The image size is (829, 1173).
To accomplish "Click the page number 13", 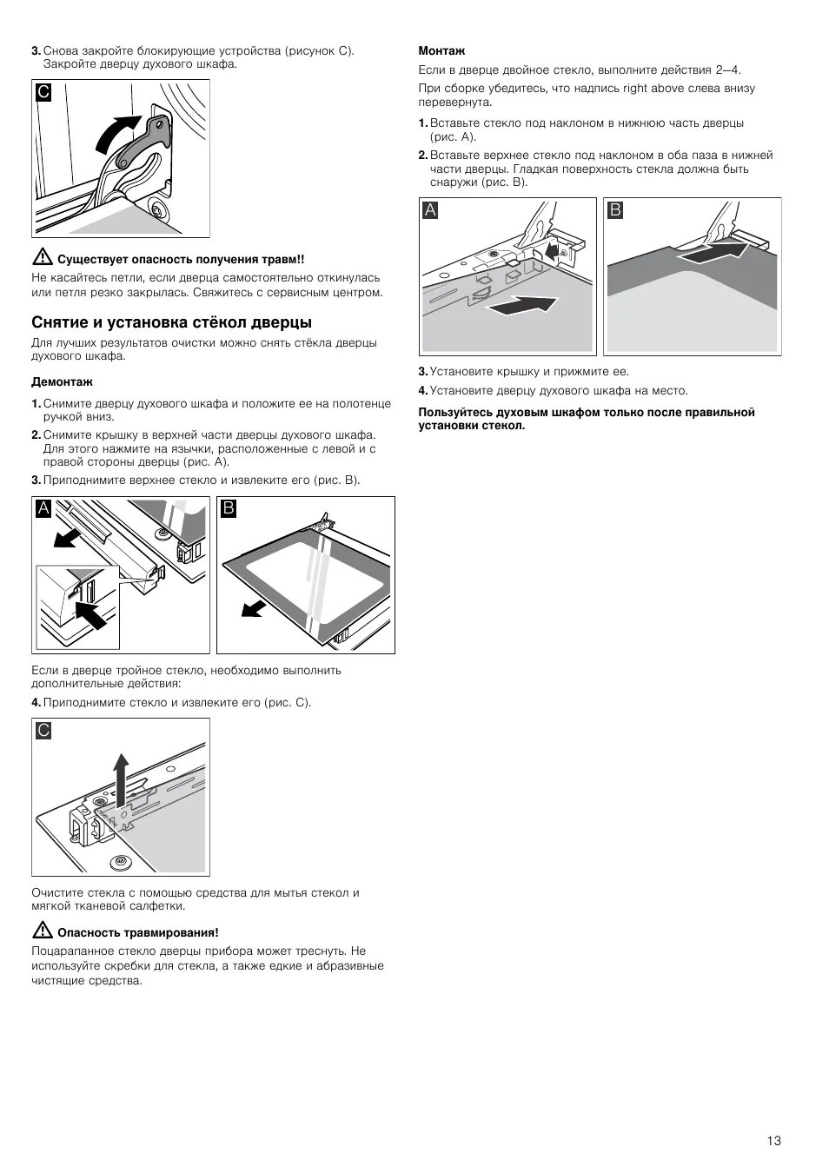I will [x=774, y=1140].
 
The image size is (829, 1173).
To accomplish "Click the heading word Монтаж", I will [x=442, y=51].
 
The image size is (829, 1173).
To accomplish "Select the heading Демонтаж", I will [x=62, y=381].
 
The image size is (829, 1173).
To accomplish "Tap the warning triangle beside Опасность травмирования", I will [x=40, y=931].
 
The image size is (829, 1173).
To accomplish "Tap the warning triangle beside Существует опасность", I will [x=40, y=258].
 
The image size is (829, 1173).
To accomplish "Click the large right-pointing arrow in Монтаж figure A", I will [x=521, y=306].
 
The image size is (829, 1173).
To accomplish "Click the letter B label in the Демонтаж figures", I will [x=229, y=508].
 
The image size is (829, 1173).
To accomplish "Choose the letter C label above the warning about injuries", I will [x=43, y=91].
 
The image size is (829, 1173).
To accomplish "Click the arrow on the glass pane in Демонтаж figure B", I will [x=252, y=608].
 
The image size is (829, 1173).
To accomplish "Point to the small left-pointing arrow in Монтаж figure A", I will [x=551, y=251].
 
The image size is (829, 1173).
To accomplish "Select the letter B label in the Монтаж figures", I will [x=615, y=209].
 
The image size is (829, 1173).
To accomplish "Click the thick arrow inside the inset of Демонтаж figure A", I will [x=90, y=614].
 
